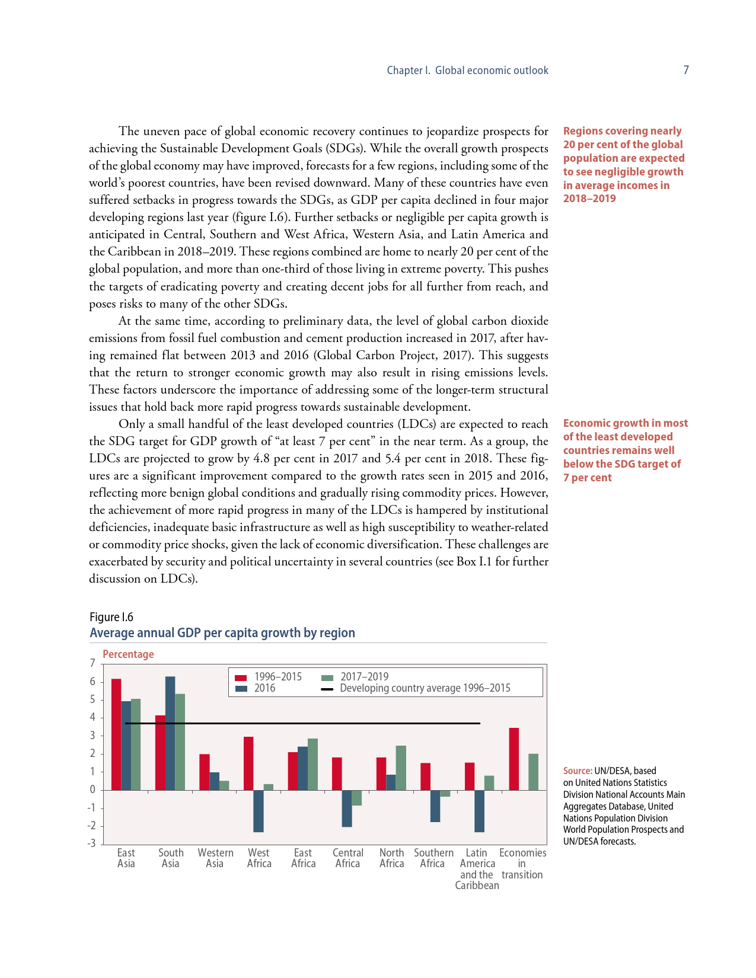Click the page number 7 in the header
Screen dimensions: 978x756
pyautogui.click(x=686, y=70)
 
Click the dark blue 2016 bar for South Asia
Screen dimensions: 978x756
pyautogui.click(x=170, y=733)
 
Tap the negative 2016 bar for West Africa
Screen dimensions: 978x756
pyautogui.click(x=259, y=811)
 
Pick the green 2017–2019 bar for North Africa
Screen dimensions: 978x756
pyautogui.click(x=401, y=768)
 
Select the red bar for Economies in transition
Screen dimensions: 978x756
pyautogui.click(x=514, y=759)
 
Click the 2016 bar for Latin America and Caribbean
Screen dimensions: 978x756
pyautogui.click(x=479, y=811)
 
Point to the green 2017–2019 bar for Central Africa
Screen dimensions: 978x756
pyautogui.click(x=357, y=798)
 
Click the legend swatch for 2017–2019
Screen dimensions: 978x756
pyautogui.click(x=327, y=677)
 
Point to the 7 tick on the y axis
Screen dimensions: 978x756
pyautogui.click(x=92, y=663)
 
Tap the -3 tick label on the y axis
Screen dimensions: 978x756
pyautogui.click(x=91, y=843)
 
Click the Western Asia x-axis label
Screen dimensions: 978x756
pyautogui.click(x=215, y=858)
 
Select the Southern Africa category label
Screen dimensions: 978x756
pyautogui.click(x=433, y=858)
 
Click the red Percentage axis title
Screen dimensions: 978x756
pyautogui.click(x=128, y=654)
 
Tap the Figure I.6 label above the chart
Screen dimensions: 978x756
pyautogui.click(x=111, y=617)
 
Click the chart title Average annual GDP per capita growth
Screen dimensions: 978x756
pyautogui.click(x=222, y=633)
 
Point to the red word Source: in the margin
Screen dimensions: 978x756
pyautogui.click(x=578, y=771)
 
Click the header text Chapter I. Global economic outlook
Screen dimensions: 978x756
pyautogui.click(x=467, y=71)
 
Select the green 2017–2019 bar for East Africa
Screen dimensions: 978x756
pyautogui.click(x=312, y=764)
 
